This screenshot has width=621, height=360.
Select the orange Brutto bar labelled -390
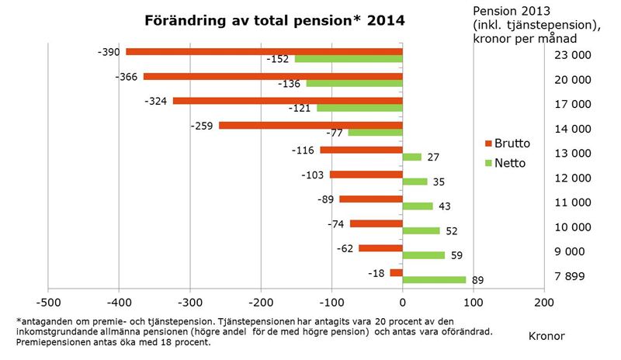[264, 52]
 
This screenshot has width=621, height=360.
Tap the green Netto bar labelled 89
[434, 280]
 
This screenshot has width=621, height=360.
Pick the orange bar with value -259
[310, 125]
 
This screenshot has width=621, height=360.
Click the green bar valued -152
[349, 59]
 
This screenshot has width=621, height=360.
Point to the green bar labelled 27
[412, 157]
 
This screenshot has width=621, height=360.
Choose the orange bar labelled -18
[396, 272]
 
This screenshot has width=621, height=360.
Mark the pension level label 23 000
[573, 55]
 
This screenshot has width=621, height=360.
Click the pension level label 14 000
[573, 129]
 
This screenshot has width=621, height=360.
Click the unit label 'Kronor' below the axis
[546, 335]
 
